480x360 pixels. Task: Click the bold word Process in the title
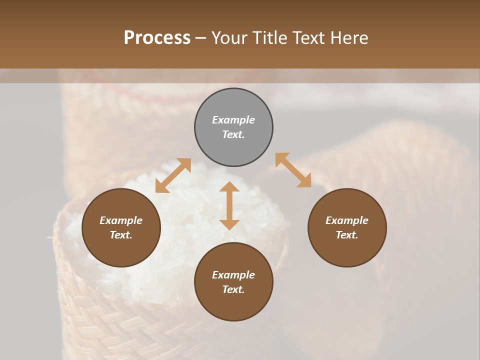click(157, 38)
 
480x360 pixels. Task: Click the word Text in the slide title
click(309, 38)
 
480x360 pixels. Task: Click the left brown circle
click(121, 227)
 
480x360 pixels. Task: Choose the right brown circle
click(347, 227)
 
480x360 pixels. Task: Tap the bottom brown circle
click(233, 282)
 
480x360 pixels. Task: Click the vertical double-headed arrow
click(229, 205)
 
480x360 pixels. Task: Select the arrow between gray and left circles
click(173, 175)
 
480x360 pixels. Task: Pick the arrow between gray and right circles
click(293, 170)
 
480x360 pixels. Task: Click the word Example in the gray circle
click(233, 120)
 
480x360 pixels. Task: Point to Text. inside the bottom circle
click(233, 289)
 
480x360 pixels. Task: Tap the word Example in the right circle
click(347, 220)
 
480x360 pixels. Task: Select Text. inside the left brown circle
click(121, 235)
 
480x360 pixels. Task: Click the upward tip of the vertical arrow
click(229, 183)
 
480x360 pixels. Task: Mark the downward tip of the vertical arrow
click(229, 228)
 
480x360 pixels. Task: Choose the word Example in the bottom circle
click(233, 275)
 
